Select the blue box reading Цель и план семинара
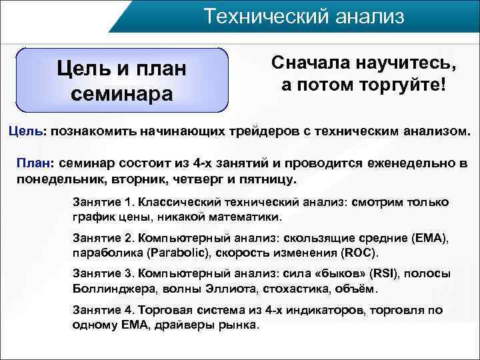[x=121, y=79]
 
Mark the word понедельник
[x=54, y=180]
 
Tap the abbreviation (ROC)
[x=360, y=253]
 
